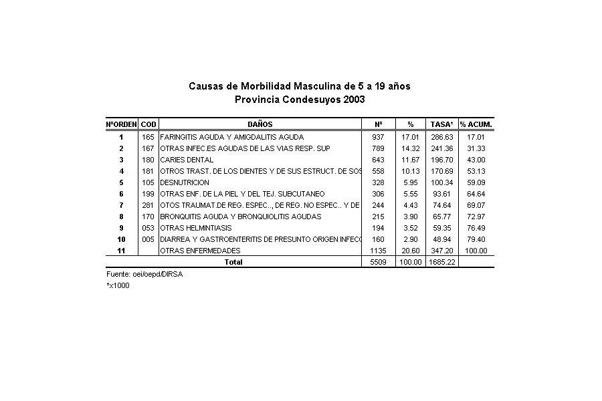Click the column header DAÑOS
(260, 124)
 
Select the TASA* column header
(441, 124)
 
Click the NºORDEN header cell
(121, 124)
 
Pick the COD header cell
(148, 124)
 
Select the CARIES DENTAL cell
(187, 160)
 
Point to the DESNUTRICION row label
(185, 182)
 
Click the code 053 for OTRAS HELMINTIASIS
(148, 228)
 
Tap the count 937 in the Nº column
(378, 136)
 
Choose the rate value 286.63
(441, 136)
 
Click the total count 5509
(378, 262)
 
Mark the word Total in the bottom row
(233, 262)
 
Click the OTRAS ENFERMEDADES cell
(200, 251)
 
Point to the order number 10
(121, 239)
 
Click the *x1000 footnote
(118, 285)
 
